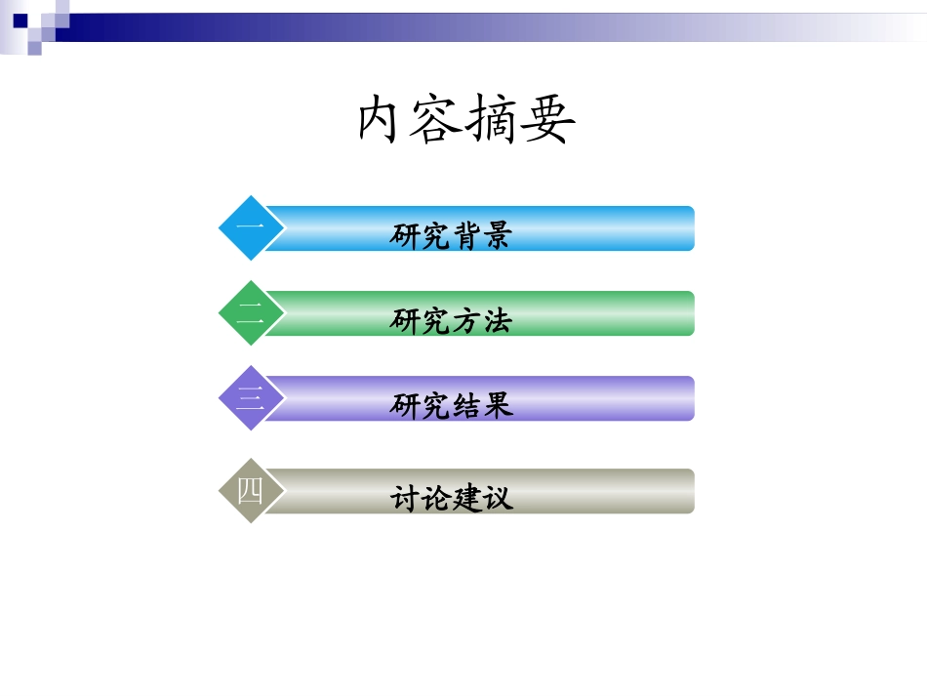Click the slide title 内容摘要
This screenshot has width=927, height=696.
466,121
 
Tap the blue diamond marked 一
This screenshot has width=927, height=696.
251,228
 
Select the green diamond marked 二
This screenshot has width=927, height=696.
251,313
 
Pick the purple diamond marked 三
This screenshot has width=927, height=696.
251,398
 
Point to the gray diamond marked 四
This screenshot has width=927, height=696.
251,491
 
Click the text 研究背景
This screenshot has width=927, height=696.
451,235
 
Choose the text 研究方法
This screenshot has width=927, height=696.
451,320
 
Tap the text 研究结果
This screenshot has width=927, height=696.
451,405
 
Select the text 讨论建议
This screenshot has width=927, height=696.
451,498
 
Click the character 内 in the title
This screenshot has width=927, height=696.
383,121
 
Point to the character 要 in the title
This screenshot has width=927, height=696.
547,121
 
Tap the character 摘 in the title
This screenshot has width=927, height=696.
494,121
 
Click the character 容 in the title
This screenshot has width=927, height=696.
438,121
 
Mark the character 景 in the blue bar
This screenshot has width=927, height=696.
497,235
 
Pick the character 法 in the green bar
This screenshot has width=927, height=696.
497,320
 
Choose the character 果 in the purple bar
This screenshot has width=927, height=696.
497,405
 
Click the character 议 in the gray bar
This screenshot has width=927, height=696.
497,498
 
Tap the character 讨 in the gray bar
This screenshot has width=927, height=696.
405,498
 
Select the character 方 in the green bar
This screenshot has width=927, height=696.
466,320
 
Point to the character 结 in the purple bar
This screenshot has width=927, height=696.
466,405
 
